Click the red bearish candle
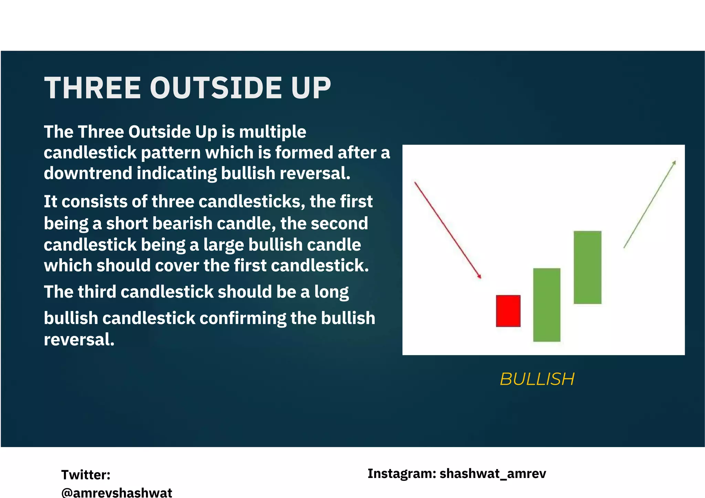[508, 311]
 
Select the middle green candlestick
[547, 305]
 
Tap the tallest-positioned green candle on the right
[587, 267]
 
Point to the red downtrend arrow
[448, 230]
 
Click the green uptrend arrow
[650, 204]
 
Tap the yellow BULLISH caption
[537, 379]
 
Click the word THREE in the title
[93, 88]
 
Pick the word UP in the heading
[311, 88]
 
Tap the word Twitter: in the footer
[86, 475]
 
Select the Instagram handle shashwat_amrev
[493, 474]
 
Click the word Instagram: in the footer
[402, 474]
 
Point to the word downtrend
[88, 173]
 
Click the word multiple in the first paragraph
[272, 132]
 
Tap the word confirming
[243, 318]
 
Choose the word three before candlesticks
[173, 202]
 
